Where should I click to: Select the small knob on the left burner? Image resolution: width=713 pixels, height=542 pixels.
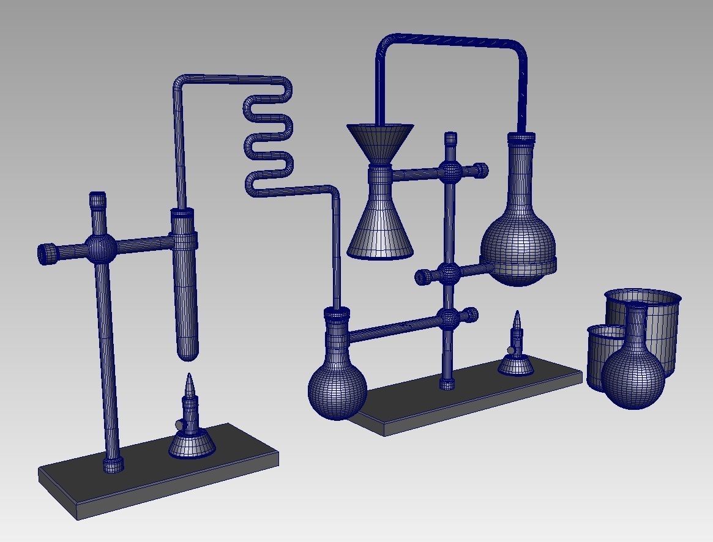[x=178, y=425]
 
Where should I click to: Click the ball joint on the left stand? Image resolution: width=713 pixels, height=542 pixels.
[x=100, y=247]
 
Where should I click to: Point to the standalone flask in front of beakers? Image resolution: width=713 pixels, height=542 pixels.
[x=633, y=373]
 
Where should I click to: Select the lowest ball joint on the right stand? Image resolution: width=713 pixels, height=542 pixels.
[x=449, y=318]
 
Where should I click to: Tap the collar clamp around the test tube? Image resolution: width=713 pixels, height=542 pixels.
[x=184, y=239]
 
